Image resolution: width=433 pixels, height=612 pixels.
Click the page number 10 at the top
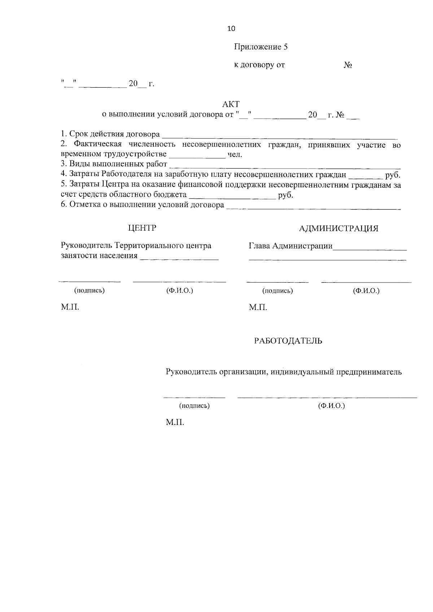pos(231,29)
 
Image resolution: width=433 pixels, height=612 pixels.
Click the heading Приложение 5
pos(261,47)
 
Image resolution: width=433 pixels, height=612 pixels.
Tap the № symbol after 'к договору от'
pos(348,65)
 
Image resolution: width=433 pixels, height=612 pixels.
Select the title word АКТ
pos(231,104)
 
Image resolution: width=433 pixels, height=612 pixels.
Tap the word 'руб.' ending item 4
pos(393,175)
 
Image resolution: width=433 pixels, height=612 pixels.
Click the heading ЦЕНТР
pos(142,228)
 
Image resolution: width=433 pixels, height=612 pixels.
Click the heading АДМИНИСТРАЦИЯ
pos(339,228)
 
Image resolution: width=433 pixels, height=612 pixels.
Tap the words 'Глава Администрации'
pos(290,246)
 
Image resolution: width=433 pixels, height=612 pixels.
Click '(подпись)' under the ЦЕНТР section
pos(89,290)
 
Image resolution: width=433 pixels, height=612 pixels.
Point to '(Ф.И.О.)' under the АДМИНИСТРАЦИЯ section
pos(366,290)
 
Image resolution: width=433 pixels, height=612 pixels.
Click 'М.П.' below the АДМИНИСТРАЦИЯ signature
pos(258,307)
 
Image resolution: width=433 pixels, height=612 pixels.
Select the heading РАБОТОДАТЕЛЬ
pos(288,341)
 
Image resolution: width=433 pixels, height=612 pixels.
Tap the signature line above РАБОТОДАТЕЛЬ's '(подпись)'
pos(194,397)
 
